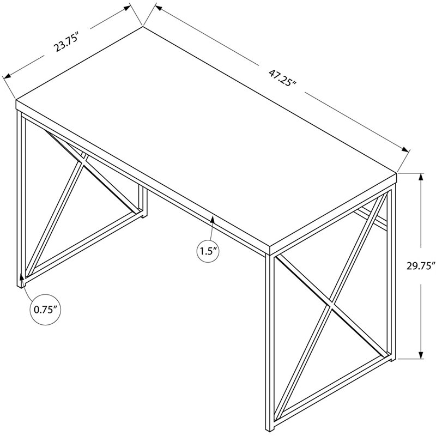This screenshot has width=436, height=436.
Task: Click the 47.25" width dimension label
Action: [282, 78]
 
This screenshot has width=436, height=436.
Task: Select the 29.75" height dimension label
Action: [420, 266]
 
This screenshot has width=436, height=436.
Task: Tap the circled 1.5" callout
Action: [208, 251]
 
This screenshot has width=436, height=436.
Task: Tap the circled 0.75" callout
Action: [45, 309]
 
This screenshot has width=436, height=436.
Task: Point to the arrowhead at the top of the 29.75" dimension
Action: [421, 177]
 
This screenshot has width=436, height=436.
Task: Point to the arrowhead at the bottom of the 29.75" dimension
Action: [421, 355]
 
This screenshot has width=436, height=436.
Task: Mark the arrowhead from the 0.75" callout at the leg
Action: [21, 277]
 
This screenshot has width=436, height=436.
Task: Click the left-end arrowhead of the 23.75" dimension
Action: [7, 75]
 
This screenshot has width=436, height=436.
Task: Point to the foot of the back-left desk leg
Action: [144, 215]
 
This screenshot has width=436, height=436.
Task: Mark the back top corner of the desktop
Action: [143, 26]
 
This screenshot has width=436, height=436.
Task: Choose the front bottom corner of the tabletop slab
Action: [270, 254]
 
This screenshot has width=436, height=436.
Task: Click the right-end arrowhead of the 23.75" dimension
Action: [128, 8]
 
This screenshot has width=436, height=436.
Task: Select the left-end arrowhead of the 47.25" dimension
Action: [158, 8]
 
